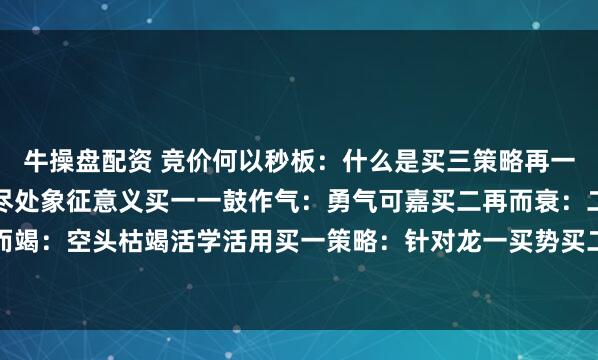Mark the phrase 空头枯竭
(113, 230)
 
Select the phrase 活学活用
(217, 230)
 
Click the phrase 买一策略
(321, 230)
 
